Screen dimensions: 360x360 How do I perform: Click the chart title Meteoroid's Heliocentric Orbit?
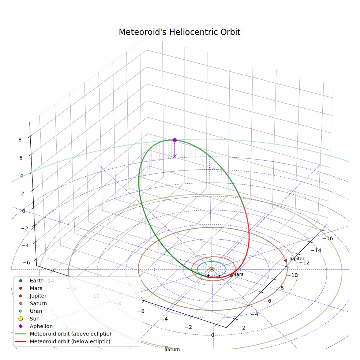click(x=180, y=32)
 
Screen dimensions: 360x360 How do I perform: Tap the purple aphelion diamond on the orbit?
click(x=175, y=140)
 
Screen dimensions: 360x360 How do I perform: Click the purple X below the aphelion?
click(x=175, y=156)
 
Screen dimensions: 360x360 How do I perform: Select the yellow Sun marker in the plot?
click(x=212, y=269)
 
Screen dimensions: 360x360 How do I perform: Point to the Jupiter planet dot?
click(x=286, y=260)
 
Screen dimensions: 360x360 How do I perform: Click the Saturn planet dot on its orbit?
click(x=167, y=347)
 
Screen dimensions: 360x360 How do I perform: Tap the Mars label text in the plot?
click(x=238, y=274)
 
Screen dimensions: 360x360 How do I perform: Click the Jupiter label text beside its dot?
click(x=297, y=259)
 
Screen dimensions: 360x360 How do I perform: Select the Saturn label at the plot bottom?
click(x=172, y=349)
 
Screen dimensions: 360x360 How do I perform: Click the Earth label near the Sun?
click(x=214, y=275)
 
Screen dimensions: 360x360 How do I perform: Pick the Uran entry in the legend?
click(x=36, y=311)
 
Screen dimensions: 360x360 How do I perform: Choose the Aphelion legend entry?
click(x=41, y=326)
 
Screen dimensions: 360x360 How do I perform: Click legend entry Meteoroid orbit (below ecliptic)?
click(x=70, y=341)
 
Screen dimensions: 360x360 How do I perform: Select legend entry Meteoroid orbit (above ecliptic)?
click(x=71, y=334)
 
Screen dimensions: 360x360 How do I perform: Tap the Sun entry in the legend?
click(x=35, y=319)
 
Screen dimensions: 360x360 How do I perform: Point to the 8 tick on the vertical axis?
click(x=20, y=140)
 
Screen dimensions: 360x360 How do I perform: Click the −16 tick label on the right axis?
click(x=328, y=239)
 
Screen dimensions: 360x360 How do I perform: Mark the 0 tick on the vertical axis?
click(x=24, y=211)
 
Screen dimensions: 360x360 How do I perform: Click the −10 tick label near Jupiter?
click(x=292, y=275)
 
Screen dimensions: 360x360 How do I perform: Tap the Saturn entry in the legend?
click(x=38, y=304)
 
